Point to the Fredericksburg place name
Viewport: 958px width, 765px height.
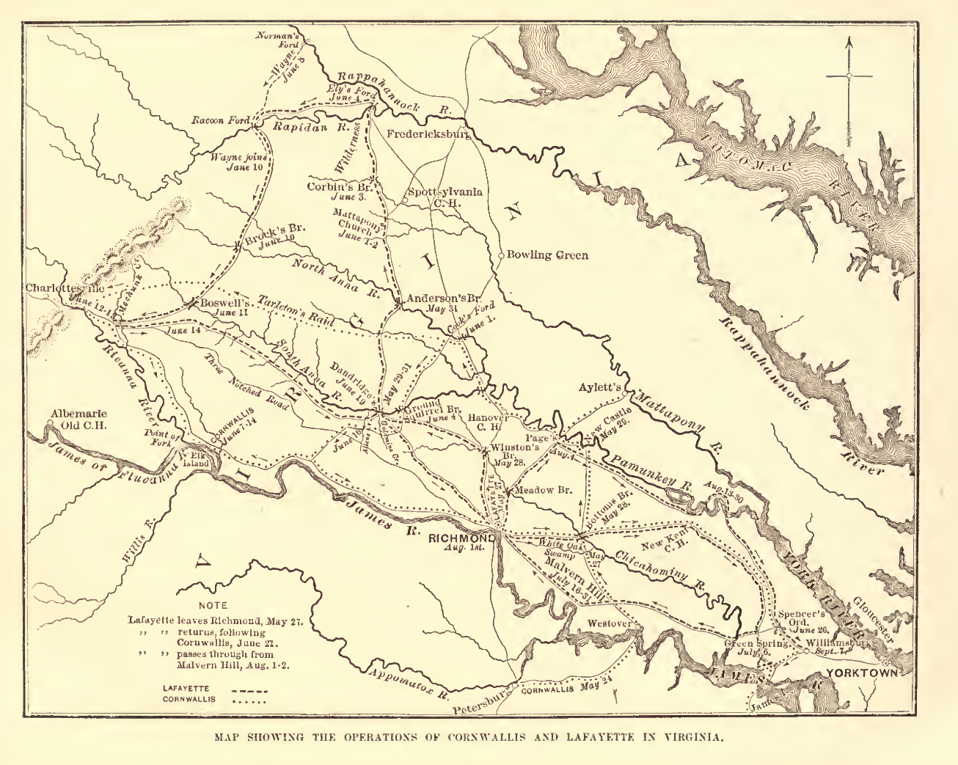click(428, 134)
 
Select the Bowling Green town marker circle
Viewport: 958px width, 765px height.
click(501, 255)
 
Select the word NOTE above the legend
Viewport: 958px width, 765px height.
click(213, 606)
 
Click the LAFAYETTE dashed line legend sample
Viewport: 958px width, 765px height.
click(249, 690)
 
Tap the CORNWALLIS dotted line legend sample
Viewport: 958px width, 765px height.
click(249, 700)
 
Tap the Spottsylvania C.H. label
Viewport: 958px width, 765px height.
click(444, 197)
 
